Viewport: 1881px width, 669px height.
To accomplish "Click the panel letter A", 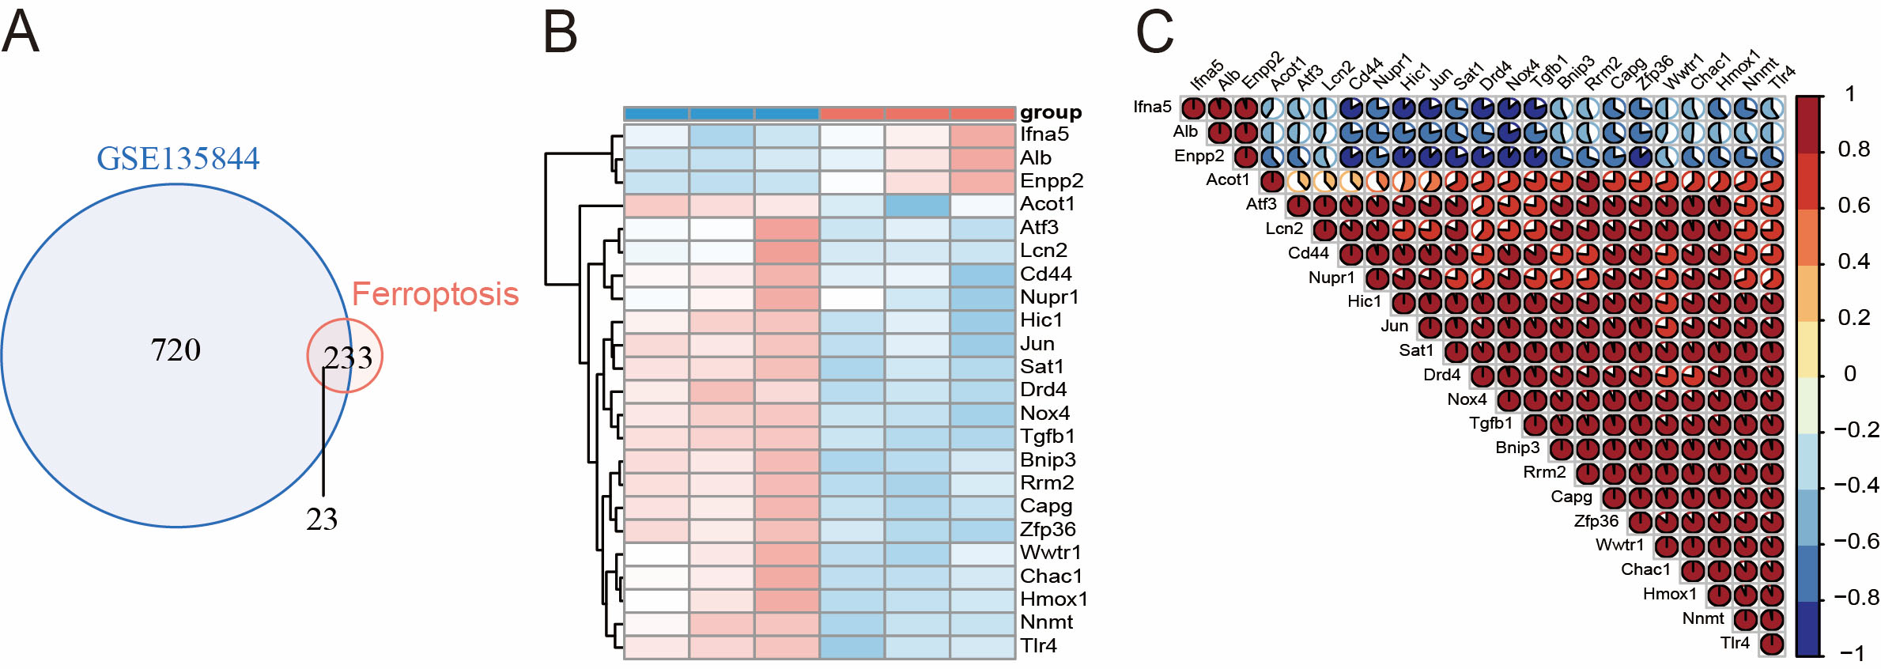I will pos(21,32).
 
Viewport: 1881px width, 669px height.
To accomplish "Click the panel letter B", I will pos(561,32).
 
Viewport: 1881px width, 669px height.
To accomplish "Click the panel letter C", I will pos(1154,32).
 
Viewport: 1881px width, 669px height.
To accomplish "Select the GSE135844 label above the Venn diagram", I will pos(178,159).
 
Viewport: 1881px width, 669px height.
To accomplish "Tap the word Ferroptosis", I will pos(435,294).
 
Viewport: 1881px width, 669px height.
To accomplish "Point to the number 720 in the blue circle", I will pos(176,350).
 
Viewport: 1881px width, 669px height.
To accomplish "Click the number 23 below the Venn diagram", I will pos(322,520).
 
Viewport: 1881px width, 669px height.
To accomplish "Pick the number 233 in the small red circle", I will pos(348,358).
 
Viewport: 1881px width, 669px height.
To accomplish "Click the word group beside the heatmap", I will pos(1050,112).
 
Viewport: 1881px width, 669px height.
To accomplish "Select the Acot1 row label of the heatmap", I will pos(1047,204).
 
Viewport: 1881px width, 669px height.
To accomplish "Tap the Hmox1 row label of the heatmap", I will pos(1053,599).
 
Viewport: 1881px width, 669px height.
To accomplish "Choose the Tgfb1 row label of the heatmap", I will pos(1047,436).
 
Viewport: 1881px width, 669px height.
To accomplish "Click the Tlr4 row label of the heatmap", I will pos(1038,645).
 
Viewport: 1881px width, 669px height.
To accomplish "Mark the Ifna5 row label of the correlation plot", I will pos(1152,107).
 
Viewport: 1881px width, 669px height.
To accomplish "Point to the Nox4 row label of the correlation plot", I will pos(1467,399).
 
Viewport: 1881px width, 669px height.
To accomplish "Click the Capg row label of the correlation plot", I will pos(1571,497).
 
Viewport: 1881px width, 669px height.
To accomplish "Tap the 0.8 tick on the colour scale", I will pos(1853,149).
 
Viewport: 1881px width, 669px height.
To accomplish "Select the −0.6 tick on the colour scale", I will pos(1856,541).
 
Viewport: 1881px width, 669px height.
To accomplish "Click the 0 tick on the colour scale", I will pos(1850,373).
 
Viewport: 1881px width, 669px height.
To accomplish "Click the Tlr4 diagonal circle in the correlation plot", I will pos(1772,644).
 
